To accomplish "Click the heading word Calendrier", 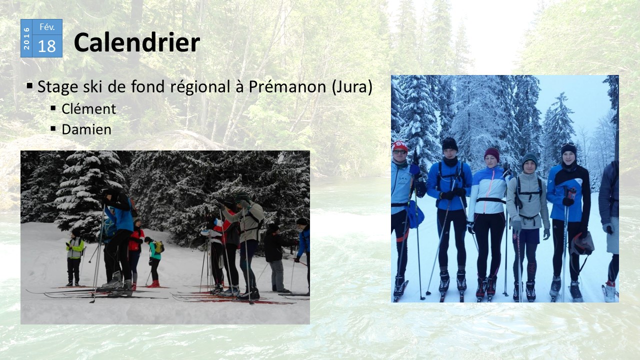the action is click(137, 42).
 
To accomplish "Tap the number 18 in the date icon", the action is click(47, 46).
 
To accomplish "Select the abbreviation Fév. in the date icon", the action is click(47, 27).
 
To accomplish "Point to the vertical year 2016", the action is click(26, 38).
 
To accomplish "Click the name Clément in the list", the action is click(89, 109).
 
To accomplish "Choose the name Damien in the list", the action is click(86, 129).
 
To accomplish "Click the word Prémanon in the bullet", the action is click(287, 86).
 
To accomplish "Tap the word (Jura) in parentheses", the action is click(352, 87).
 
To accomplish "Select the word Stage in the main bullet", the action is click(57, 87).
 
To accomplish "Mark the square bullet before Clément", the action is click(53, 108).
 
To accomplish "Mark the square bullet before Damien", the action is click(53, 128).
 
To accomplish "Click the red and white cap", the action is click(399, 146).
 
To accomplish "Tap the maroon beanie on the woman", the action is click(492, 153).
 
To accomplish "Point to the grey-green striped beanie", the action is click(529, 159).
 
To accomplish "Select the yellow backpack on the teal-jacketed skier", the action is click(159, 247).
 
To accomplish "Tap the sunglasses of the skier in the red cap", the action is click(399, 152).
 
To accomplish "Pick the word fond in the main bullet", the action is click(147, 86).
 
